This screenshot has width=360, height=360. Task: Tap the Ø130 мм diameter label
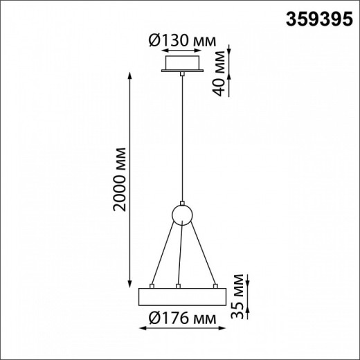181,42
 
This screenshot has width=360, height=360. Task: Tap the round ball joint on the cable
181,215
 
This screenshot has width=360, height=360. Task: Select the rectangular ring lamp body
181,296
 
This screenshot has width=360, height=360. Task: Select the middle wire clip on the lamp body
178,285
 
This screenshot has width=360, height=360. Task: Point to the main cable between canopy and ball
181,138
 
